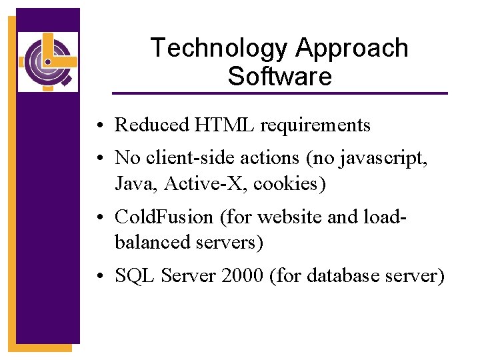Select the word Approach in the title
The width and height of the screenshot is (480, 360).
click(x=352, y=49)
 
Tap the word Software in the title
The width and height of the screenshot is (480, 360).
click(x=279, y=77)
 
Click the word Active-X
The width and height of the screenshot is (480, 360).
click(x=195, y=183)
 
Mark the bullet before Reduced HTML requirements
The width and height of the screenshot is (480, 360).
click(x=98, y=126)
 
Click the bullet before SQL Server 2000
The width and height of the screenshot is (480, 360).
click(x=98, y=277)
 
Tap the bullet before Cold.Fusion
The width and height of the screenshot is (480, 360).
click(x=98, y=219)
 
